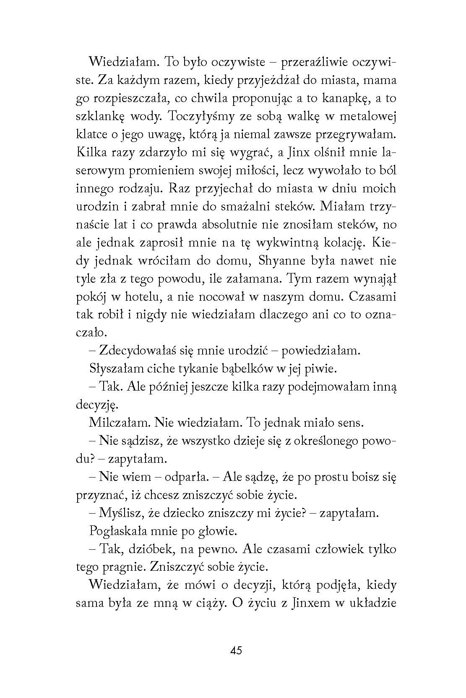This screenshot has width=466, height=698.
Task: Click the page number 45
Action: click(x=236, y=651)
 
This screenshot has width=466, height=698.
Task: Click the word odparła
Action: click(x=186, y=477)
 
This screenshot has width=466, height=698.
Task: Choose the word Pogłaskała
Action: click(x=120, y=531)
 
